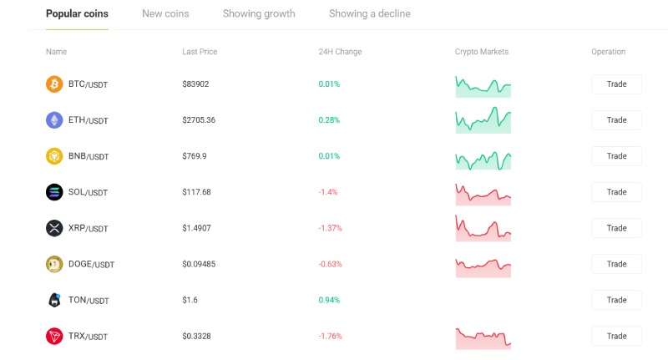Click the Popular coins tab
coord(77,13)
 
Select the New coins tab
coord(165,13)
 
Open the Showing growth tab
coord(259,13)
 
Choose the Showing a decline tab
coord(370,13)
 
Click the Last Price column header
coord(200,52)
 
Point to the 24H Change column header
coord(340,52)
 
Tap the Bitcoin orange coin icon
coord(54,84)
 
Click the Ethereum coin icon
coord(54,120)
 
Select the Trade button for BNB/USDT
coord(616,156)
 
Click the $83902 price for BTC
coord(195,84)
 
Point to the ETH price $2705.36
coord(199,120)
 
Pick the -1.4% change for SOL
coord(328,192)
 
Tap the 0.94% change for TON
coord(329,300)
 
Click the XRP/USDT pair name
coord(89,228)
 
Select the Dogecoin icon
coord(54,264)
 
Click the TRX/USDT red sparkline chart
coord(483,338)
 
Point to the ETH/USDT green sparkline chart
coord(483,120)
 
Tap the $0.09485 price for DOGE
coord(199,264)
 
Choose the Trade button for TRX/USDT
coord(616,336)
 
